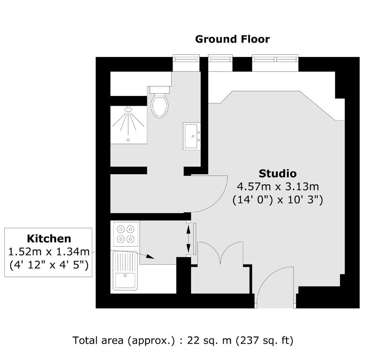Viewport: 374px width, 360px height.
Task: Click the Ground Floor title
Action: (232, 39)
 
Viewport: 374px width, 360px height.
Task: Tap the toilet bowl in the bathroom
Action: (160, 106)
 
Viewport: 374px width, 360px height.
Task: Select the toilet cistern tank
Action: (160, 90)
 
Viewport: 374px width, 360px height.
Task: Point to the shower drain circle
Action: (129, 140)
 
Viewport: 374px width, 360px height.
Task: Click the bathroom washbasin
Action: (191, 136)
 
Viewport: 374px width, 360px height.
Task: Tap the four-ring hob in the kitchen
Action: (126, 234)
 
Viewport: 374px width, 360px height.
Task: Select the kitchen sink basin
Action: (125, 280)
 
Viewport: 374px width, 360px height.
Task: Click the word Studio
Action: (278, 173)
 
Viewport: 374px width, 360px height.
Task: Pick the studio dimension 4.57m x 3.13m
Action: (278, 187)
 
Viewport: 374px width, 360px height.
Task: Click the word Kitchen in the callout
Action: (49, 239)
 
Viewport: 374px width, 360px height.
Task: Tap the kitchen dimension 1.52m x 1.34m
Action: (49, 252)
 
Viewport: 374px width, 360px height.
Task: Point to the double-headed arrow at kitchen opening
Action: (189, 239)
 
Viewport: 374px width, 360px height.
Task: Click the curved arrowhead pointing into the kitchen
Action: (150, 257)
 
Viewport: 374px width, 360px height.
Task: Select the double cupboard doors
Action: (220, 253)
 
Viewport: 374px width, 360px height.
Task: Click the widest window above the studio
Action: (275, 58)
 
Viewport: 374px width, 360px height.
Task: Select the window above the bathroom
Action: (186, 58)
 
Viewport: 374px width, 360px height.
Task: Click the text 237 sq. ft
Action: (265, 341)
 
